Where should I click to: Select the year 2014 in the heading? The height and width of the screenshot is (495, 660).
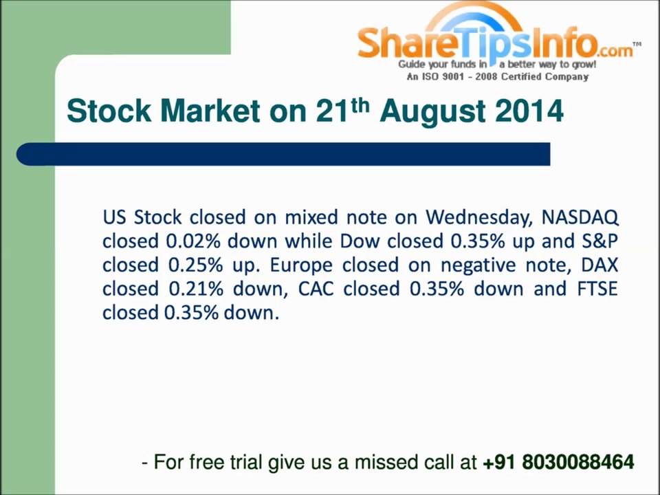pos(529,111)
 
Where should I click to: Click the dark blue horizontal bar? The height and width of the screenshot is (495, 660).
pos(282,154)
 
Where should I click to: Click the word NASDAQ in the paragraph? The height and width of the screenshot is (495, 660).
pos(580,218)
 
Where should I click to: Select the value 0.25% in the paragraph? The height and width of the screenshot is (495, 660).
pos(192,265)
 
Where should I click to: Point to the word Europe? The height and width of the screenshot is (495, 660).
pos(301,265)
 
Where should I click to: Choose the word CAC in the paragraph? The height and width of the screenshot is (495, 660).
pos(316,289)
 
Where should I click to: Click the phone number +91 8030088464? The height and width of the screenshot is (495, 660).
pos(558,462)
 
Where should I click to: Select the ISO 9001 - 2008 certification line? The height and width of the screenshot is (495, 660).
pos(498,77)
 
